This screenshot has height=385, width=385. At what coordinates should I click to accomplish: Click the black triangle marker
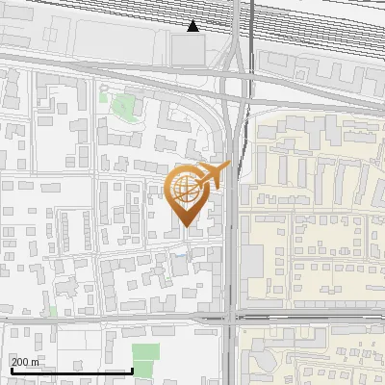tap(193, 26)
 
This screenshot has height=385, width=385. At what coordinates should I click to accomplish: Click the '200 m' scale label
tap(25, 361)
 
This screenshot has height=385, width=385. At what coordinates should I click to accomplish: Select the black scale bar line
tap(71, 371)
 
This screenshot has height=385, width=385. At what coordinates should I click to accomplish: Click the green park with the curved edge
tap(122, 106)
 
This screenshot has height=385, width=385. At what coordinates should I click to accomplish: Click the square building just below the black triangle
tap(190, 49)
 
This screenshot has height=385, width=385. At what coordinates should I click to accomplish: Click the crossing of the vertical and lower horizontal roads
tap(233, 316)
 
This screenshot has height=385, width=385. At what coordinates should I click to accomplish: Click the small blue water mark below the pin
tap(178, 254)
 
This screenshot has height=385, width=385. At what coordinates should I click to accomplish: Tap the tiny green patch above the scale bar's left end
tap(53, 311)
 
